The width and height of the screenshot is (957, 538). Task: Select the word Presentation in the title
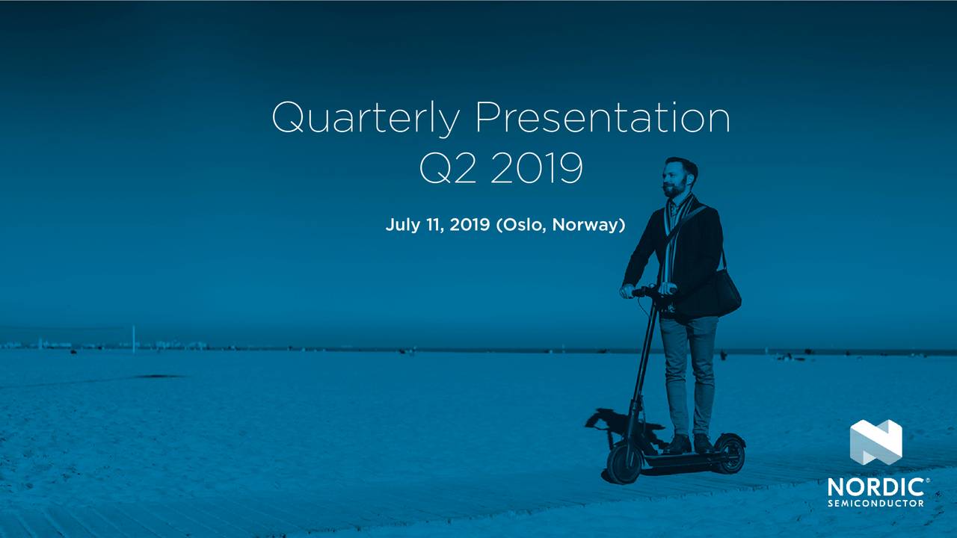(x=602, y=118)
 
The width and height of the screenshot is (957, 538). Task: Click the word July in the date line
(x=404, y=225)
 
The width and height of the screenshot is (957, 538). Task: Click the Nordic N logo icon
(x=876, y=442)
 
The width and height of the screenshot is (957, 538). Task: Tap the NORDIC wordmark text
(x=876, y=488)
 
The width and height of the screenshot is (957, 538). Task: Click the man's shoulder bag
(x=725, y=293)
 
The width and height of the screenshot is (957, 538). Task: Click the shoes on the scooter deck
(x=692, y=444)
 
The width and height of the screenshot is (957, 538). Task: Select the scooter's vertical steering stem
(x=644, y=366)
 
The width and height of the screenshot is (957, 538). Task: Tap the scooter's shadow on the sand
(x=613, y=426)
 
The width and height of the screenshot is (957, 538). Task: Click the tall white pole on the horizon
(x=133, y=337)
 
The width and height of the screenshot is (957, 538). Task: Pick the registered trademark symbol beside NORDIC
(x=928, y=480)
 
